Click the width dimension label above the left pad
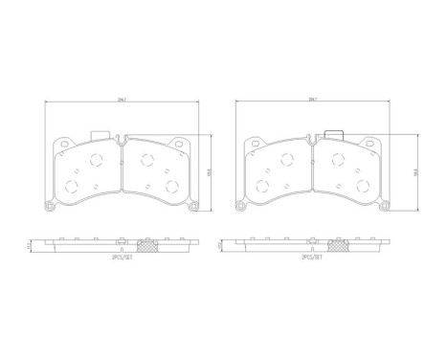[x=121, y=98]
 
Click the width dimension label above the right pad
[x=313, y=98]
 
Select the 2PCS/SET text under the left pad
[x=122, y=257]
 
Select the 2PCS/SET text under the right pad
[x=313, y=257]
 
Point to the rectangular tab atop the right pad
[x=332, y=135]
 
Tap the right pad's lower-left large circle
[x=262, y=183]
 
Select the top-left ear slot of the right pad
[x=252, y=146]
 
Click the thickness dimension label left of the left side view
[x=30, y=244]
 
